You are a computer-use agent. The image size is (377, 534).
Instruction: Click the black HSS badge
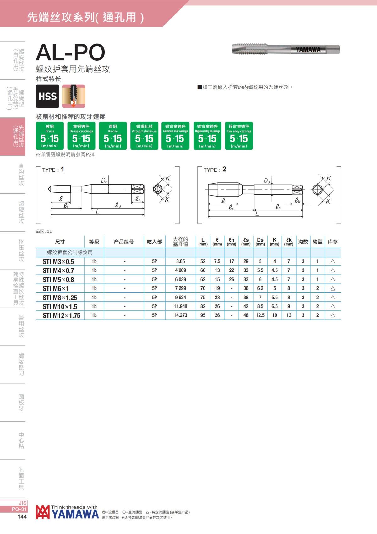[47, 96]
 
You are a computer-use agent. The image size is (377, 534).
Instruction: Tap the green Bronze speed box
[113, 136]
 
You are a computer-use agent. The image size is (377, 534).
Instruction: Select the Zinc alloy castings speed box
[239, 136]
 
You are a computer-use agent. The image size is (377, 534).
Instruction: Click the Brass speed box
[50, 136]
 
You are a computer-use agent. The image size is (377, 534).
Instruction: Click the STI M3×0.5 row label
[58, 262]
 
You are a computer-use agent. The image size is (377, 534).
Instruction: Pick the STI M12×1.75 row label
[62, 315]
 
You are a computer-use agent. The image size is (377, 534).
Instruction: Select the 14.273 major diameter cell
[180, 315]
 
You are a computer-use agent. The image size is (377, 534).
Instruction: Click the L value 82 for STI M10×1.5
[203, 306]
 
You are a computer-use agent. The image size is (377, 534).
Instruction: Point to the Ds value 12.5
[260, 315]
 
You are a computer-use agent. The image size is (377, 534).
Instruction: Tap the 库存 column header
[333, 242]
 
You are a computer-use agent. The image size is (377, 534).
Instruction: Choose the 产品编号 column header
[124, 242]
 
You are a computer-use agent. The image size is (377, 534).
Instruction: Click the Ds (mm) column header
[260, 242]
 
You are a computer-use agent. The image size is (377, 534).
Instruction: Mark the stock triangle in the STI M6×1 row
[333, 288]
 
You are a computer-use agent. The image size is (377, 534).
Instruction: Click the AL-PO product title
[70, 52]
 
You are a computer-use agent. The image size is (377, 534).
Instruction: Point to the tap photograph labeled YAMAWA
[286, 49]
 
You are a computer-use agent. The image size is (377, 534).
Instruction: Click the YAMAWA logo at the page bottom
[67, 512]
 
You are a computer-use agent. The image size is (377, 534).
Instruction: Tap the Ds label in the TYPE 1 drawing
[104, 181]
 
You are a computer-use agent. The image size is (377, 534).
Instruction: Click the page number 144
[22, 516]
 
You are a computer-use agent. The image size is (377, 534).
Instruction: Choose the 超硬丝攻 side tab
[21, 212]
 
